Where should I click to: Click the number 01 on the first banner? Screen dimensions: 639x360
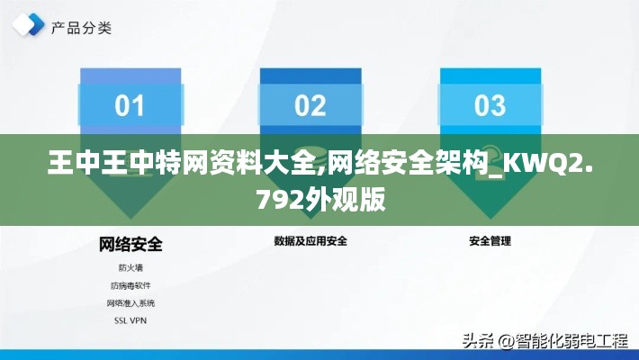(x=130, y=105)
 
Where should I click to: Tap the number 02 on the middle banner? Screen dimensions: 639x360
(x=310, y=105)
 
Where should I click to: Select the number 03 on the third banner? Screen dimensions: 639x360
(x=490, y=105)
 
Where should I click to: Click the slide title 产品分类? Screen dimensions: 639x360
(x=81, y=28)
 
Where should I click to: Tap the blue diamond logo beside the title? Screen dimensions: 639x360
(x=28, y=24)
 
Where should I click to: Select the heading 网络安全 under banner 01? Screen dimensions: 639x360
(x=130, y=245)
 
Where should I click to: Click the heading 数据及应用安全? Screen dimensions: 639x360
(x=310, y=241)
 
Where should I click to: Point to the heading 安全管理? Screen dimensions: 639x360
(x=490, y=241)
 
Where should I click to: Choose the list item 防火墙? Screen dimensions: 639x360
(x=130, y=268)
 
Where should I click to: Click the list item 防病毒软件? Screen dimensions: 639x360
(x=130, y=286)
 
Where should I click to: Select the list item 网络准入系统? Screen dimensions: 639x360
(x=130, y=303)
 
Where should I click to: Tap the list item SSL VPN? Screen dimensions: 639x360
(x=130, y=321)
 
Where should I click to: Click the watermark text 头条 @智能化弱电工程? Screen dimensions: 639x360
(x=545, y=341)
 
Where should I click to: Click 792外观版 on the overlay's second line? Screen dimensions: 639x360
(x=321, y=200)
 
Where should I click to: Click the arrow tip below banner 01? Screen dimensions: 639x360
(x=130, y=219)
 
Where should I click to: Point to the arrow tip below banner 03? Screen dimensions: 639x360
(x=490, y=219)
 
